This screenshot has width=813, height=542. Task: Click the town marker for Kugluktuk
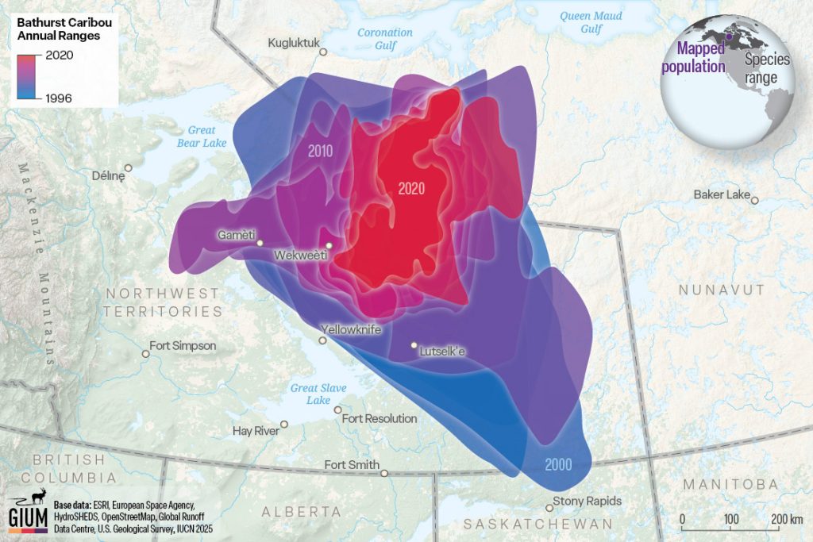[323, 52]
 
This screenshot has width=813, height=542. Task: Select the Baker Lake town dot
[755, 200]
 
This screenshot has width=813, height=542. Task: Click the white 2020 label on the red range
[411, 189]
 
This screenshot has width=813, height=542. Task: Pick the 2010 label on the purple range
[319, 150]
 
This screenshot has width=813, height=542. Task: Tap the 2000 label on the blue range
[558, 465]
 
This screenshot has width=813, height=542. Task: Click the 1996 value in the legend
[61, 98]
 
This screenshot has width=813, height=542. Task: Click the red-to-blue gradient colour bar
[30, 76]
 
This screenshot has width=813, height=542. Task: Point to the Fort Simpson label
[183, 346]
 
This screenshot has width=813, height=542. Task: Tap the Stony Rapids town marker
[549, 507]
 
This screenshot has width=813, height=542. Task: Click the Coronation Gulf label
[385, 39]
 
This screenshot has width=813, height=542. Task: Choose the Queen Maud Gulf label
[591, 21]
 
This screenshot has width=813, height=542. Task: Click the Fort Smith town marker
[384, 473]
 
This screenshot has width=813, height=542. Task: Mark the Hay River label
[255, 431]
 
